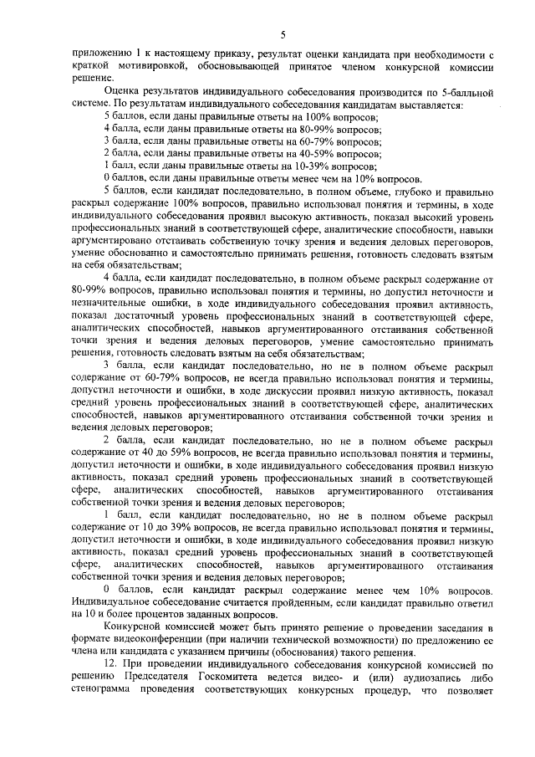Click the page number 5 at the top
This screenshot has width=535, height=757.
click(x=283, y=34)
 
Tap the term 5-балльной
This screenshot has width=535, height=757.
click(x=461, y=89)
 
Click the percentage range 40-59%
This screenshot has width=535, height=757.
click(x=319, y=154)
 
